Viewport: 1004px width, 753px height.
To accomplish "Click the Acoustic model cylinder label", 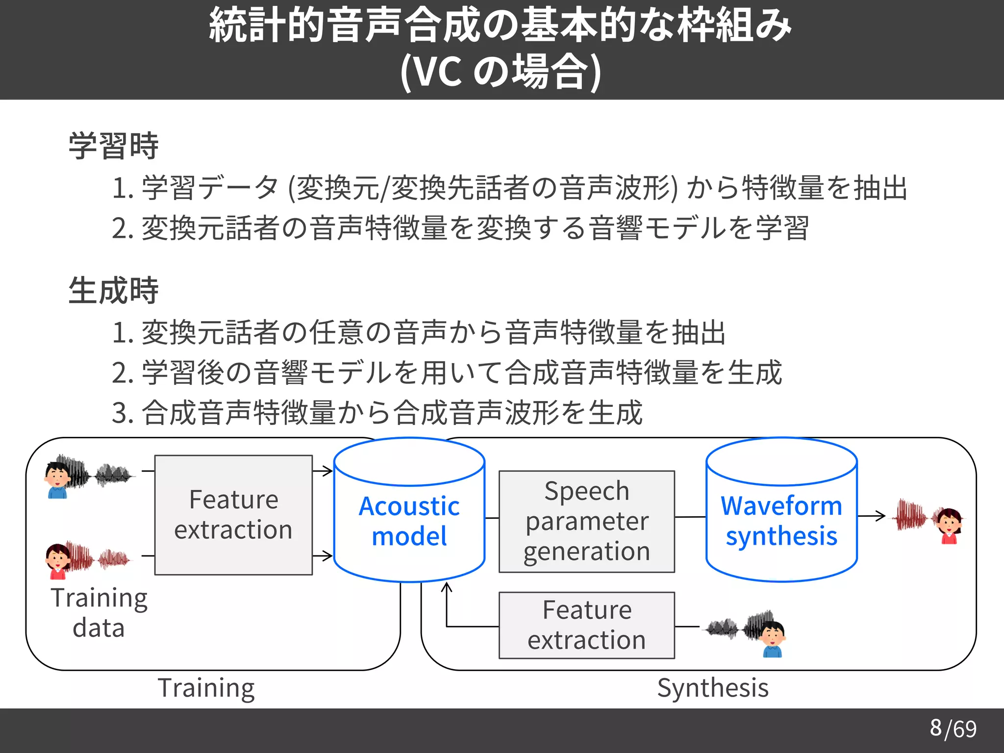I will point(409,521).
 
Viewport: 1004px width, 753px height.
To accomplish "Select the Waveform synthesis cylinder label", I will point(781,521).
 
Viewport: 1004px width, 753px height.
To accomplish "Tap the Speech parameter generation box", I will point(587,522).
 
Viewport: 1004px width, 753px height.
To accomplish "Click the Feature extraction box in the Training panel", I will point(233,515).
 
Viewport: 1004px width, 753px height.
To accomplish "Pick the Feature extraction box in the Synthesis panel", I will point(587,625).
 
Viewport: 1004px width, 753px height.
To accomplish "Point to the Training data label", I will point(99,613).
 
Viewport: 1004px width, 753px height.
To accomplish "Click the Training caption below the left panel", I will point(206,688).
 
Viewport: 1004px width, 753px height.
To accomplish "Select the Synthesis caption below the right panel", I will point(713,688).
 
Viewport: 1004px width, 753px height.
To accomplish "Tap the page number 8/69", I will point(953,728).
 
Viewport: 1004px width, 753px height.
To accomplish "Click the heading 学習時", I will point(114,146).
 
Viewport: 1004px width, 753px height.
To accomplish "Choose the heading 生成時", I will point(114,290).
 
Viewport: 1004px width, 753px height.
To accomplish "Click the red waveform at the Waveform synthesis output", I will point(910,516).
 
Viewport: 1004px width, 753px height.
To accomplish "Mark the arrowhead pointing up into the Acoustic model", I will point(446,586).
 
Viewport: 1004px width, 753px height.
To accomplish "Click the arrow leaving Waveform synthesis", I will point(872,516).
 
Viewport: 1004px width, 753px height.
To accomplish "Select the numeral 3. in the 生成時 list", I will point(123,413).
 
